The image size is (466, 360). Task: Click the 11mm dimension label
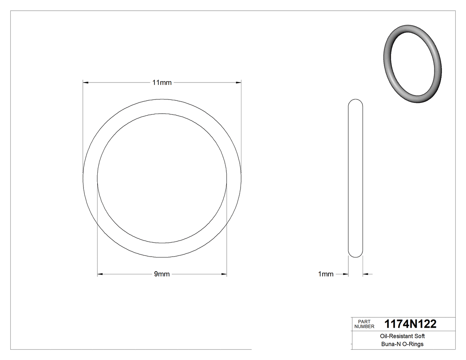coord(162,83)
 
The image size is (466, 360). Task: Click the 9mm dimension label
coord(162,274)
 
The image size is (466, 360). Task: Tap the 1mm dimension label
coord(326,274)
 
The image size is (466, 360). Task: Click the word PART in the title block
coord(364,321)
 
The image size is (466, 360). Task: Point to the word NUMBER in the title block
coord(365,326)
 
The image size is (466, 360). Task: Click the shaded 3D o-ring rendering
coord(412,64)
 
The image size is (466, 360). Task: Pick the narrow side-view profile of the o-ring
coord(355,178)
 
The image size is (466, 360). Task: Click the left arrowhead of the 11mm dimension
coord(86,83)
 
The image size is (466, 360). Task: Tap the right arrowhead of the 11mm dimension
coord(238,83)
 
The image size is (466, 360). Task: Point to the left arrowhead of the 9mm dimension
coord(100,274)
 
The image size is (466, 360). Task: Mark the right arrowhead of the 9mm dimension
coord(224,274)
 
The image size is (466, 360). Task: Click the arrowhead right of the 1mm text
coord(345,274)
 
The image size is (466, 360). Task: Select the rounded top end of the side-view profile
coord(355,102)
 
